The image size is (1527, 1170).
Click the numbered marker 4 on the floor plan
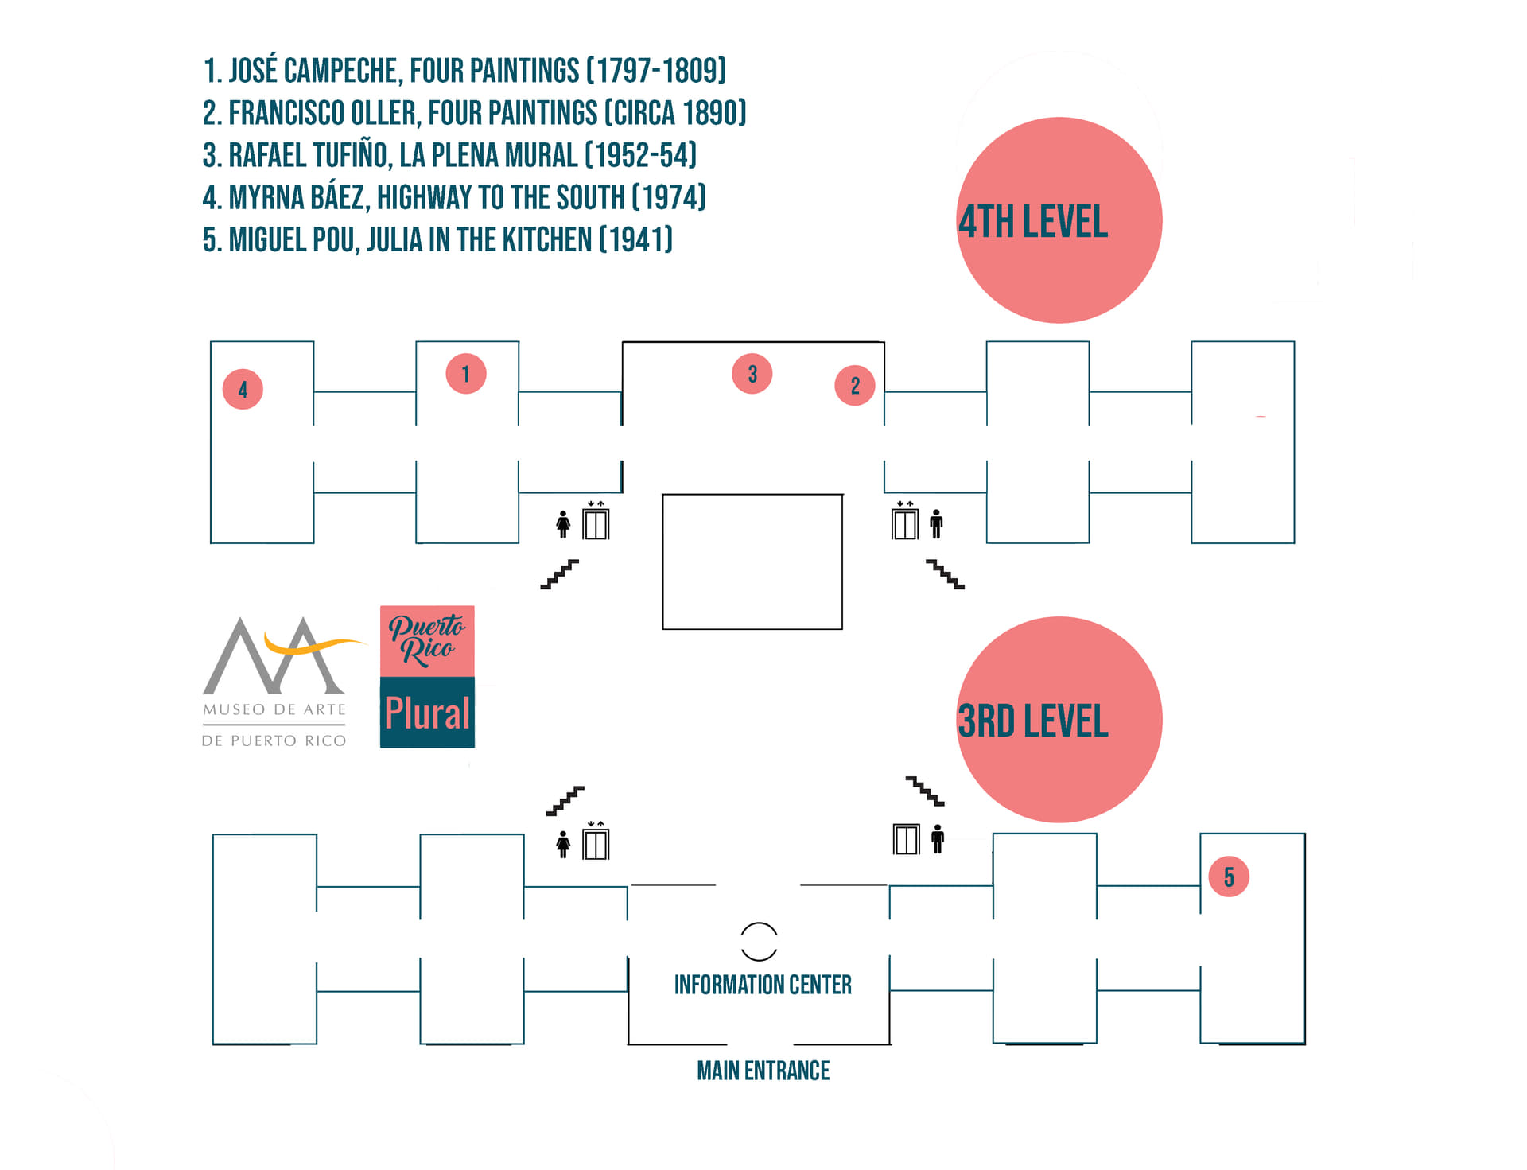[x=243, y=389]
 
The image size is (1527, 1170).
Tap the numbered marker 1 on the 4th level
[x=466, y=373]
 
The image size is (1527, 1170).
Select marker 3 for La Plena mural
[x=752, y=373]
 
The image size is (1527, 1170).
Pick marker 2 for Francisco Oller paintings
[x=855, y=386]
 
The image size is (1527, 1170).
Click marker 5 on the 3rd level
[x=1229, y=877]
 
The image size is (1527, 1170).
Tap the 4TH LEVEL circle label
[x=1059, y=220]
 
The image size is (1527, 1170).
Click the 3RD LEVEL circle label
[x=1059, y=719]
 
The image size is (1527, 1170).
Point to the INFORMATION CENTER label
[x=763, y=985]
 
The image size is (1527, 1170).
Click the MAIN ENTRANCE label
[x=763, y=1071]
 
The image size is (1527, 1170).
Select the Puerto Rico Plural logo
[x=427, y=677]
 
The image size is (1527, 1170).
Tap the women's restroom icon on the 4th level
[x=563, y=523]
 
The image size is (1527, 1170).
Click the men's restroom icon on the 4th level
[x=936, y=523]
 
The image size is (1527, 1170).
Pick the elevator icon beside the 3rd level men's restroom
[x=906, y=839]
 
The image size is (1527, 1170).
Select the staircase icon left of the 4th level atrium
[x=560, y=574]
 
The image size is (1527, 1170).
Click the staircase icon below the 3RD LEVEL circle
[x=925, y=791]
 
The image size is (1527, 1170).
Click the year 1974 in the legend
[x=670, y=197]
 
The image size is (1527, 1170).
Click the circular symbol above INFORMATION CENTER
[x=759, y=943]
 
